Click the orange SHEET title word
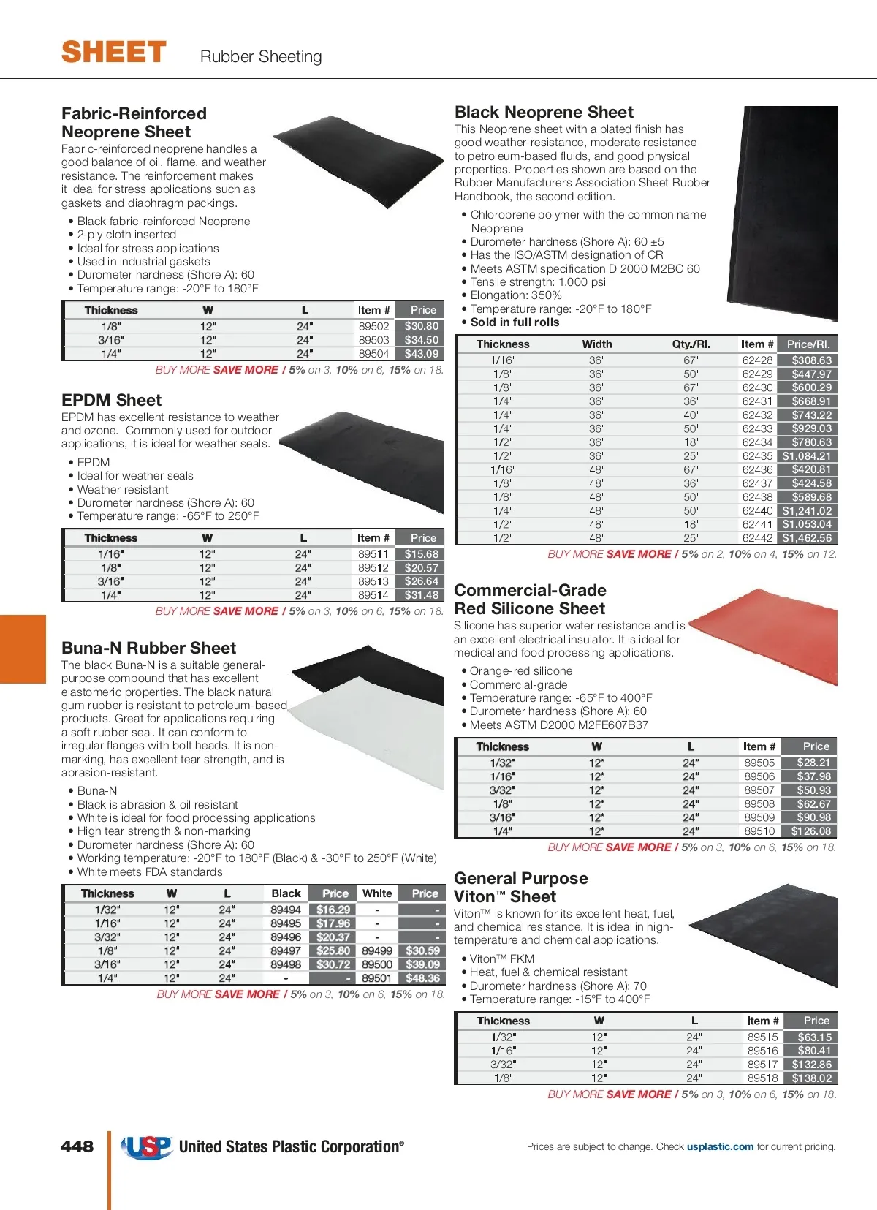114,53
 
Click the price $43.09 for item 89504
421,354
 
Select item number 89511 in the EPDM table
373,554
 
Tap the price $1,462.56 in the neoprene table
807,538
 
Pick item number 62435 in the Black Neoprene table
757,456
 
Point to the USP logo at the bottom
146,1146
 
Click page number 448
77,1146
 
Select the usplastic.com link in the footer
720,1146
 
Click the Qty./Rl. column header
691,344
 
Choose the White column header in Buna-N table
377,893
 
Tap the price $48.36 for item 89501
422,978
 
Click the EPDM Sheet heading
112,401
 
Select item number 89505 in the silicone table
759,763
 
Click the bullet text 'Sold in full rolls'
515,322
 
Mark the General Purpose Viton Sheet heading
520,888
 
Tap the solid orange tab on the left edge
23,649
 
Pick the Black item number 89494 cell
285,910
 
